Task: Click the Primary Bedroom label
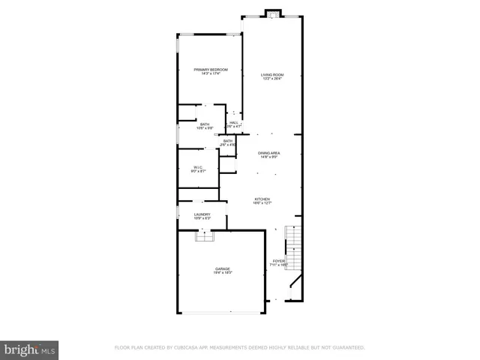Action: click(210, 70)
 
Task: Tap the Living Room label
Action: click(271, 75)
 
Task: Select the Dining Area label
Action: click(269, 153)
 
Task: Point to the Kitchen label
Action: click(262, 199)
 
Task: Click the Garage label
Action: click(222, 268)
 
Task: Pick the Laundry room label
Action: click(202, 214)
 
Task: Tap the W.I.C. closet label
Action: click(198, 167)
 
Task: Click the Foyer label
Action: click(278, 261)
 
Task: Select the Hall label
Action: click(233, 123)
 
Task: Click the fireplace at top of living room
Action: click(271, 13)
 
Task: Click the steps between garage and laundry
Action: click(203, 236)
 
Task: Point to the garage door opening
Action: click(221, 312)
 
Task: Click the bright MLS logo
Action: click(29, 349)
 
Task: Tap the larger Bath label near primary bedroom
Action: click(204, 124)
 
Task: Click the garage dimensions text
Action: click(222, 273)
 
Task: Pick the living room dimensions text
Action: click(271, 79)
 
